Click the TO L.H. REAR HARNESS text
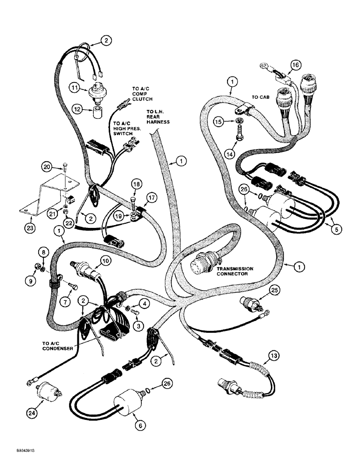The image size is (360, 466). point(158,116)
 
